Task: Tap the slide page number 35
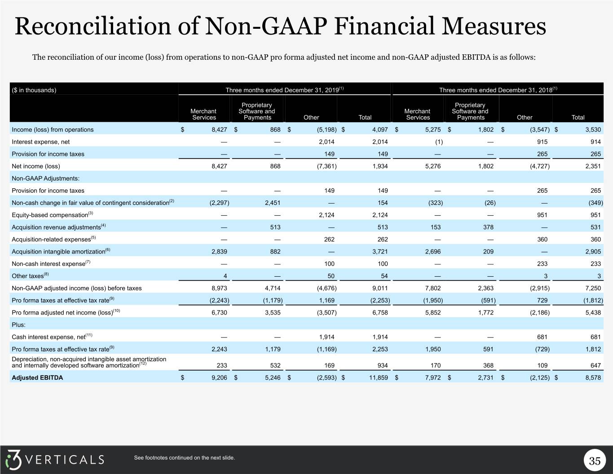pyautogui.click(x=595, y=461)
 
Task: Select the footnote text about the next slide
pyautogui.click(x=184, y=458)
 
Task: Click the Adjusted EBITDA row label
pyautogui.click(x=37, y=377)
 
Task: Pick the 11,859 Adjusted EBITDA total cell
pyautogui.click(x=378, y=377)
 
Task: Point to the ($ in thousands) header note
pyautogui.click(x=34, y=90)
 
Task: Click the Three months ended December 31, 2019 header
pyautogui.click(x=285, y=90)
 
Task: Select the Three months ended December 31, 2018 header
pyautogui.click(x=498, y=90)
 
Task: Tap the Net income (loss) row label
pyautogui.click(x=36, y=166)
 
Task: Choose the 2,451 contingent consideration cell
pyautogui.click(x=273, y=203)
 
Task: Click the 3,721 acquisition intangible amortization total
pyautogui.click(x=380, y=252)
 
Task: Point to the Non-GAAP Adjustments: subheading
pyautogui.click(x=45, y=178)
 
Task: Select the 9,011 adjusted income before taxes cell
pyautogui.click(x=380, y=288)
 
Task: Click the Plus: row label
pyautogui.click(x=18, y=325)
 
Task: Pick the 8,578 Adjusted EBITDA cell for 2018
pyautogui.click(x=593, y=377)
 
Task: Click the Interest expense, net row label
pyautogui.click(x=40, y=142)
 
